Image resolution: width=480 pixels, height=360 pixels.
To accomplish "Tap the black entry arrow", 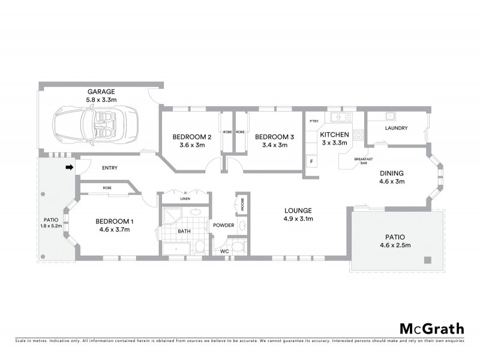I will (x=69, y=167).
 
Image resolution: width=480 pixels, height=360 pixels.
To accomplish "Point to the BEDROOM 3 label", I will (x=274, y=136).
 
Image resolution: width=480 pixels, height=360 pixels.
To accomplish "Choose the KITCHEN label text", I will (x=334, y=134).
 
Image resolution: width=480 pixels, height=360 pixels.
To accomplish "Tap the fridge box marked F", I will (x=311, y=161).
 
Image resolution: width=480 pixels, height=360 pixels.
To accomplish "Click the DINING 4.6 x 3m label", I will (x=392, y=178).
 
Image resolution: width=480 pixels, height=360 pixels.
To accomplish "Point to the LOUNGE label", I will (x=298, y=211).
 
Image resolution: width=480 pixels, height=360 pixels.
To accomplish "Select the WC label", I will (x=225, y=251).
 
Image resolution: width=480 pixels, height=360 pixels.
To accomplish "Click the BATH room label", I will (x=184, y=231).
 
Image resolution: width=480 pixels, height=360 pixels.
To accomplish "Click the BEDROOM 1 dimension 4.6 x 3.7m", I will (x=115, y=230).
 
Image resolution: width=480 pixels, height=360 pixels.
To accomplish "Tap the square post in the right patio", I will (x=427, y=260).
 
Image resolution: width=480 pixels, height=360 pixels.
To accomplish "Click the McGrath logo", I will (x=431, y=328).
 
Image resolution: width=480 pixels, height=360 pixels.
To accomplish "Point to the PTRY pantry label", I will (x=313, y=122).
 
